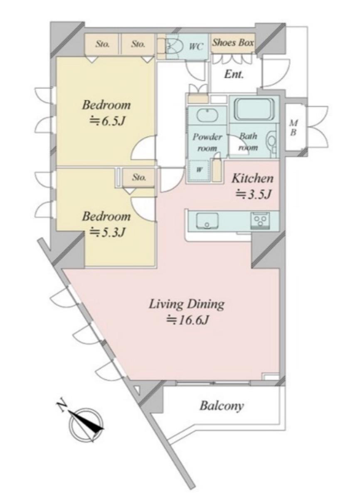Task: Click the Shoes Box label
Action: pyautogui.click(x=233, y=42)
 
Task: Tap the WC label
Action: pyautogui.click(x=196, y=46)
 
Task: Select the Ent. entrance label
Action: pyautogui.click(x=234, y=74)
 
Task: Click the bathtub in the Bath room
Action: pyautogui.click(x=254, y=109)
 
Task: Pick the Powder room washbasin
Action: pyautogui.click(x=207, y=115)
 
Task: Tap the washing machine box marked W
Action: pyautogui.click(x=199, y=170)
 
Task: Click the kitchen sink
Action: pyautogui.click(x=207, y=221)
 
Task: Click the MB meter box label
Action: pyautogui.click(x=294, y=128)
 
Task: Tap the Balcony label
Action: pyautogui.click(x=222, y=406)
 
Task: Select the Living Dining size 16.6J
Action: pyautogui.click(x=188, y=320)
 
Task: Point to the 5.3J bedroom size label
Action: pyautogui.click(x=106, y=232)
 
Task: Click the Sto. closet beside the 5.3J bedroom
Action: pyautogui.click(x=139, y=177)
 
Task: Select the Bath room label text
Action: pyautogui.click(x=248, y=142)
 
